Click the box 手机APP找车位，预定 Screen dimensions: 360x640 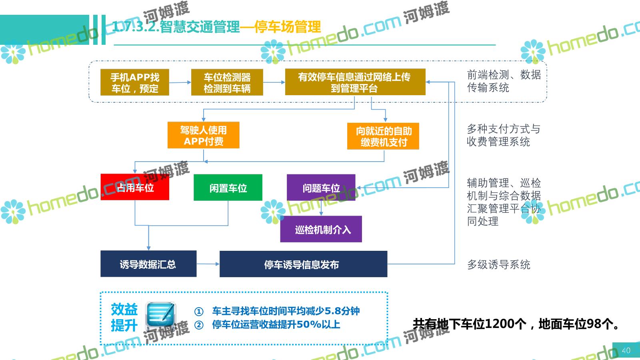(135, 82)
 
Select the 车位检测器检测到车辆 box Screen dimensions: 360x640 (227, 82)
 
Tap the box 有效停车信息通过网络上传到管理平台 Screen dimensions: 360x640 (355, 82)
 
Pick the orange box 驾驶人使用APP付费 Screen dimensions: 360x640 (203, 135)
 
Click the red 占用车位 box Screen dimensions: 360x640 (135, 187)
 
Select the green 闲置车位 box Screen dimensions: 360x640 (228, 187)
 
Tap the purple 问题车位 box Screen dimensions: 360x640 (321, 187)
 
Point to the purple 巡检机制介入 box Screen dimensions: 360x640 (321, 229)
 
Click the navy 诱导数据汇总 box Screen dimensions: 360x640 (148, 264)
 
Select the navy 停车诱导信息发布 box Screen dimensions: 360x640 (303, 264)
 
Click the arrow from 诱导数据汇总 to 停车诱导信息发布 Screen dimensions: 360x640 (208, 264)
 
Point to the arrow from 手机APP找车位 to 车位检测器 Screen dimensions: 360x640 (180, 82)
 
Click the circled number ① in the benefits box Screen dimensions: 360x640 (199, 311)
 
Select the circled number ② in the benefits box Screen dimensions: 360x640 (199, 325)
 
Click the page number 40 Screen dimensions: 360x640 (626, 350)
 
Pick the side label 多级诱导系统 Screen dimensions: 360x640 (498, 264)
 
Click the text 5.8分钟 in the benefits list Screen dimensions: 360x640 (342, 311)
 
